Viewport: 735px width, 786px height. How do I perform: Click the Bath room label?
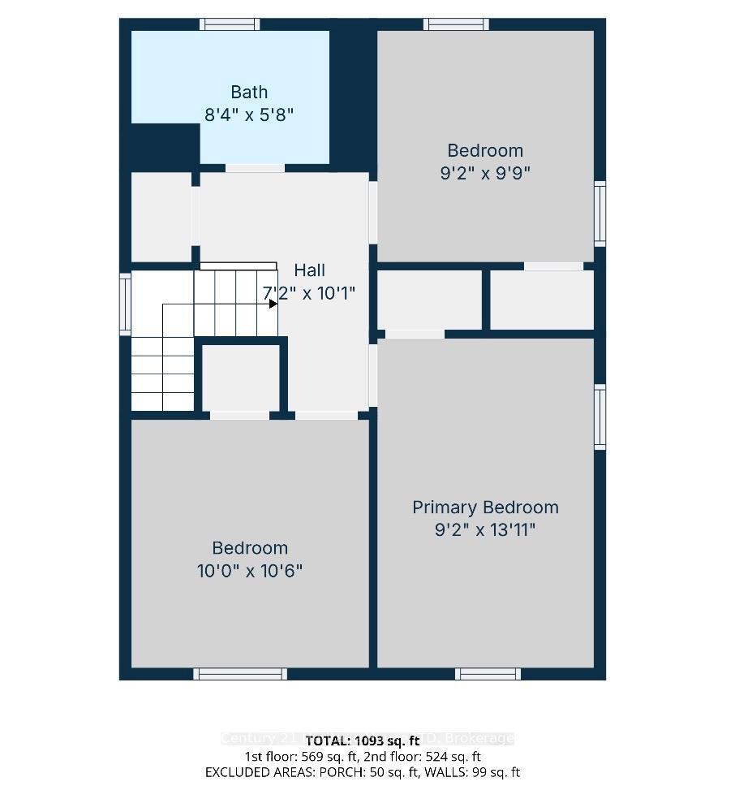248,92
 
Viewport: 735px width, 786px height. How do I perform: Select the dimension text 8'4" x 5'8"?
248,114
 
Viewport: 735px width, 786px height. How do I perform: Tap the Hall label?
310,270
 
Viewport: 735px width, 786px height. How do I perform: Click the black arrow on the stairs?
273,303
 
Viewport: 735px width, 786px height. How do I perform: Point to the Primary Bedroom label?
485,507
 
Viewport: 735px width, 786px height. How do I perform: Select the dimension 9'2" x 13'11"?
485,530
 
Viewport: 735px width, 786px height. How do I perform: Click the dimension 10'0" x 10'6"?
250,571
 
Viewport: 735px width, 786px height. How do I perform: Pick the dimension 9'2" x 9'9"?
485,173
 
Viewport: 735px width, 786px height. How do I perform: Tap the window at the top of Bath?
230,24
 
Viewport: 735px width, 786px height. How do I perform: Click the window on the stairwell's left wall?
126,304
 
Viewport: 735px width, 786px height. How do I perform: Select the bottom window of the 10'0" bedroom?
240,673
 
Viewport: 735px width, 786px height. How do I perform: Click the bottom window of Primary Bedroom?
488,673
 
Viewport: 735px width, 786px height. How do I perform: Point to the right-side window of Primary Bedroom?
600,417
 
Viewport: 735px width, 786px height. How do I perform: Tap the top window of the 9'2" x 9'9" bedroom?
457,24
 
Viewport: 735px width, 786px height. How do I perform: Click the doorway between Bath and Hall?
255,168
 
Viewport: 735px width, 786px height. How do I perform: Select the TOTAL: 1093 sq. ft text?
367,740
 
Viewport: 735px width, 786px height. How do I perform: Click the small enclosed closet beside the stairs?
241,378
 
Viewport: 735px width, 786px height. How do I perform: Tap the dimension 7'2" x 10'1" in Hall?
308,293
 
